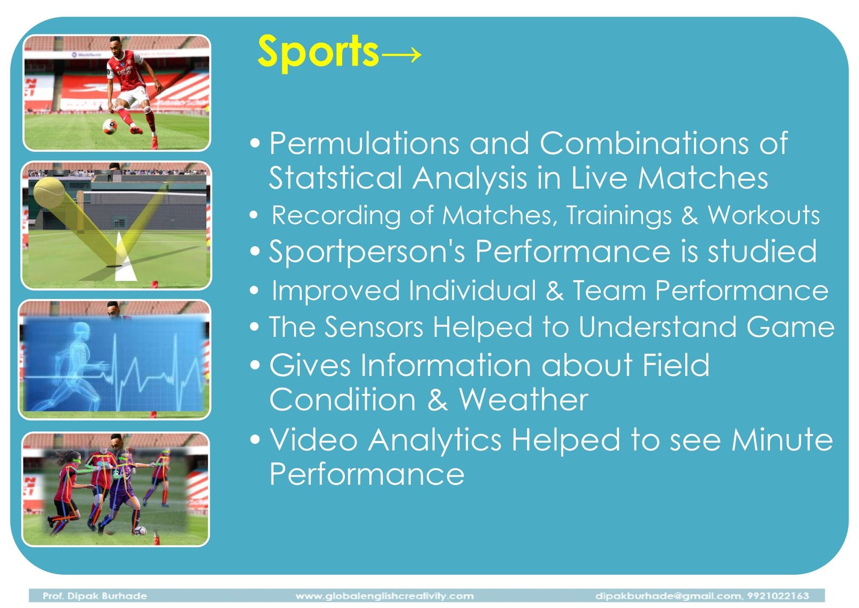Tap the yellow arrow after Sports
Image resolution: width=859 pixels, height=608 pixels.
pos(402,55)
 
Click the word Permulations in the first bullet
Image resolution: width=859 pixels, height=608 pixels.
pos(364,143)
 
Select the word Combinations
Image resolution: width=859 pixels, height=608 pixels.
pos(644,143)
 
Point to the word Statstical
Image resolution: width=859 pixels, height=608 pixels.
pos(335,178)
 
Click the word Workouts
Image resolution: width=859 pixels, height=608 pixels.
pos(763,215)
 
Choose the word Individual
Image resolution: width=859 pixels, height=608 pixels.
pos(472,291)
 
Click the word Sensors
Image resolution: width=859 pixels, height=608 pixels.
pos(374,327)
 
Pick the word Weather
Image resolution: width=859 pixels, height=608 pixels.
pos(523,400)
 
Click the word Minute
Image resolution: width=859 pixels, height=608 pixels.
pos(782,439)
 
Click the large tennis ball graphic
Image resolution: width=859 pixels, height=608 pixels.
pos(49,193)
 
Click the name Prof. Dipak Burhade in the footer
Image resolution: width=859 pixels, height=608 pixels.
pos(94,596)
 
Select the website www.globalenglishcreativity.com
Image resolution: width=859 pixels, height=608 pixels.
pos(384,596)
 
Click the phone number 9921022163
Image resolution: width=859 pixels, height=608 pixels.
pos(778,596)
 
